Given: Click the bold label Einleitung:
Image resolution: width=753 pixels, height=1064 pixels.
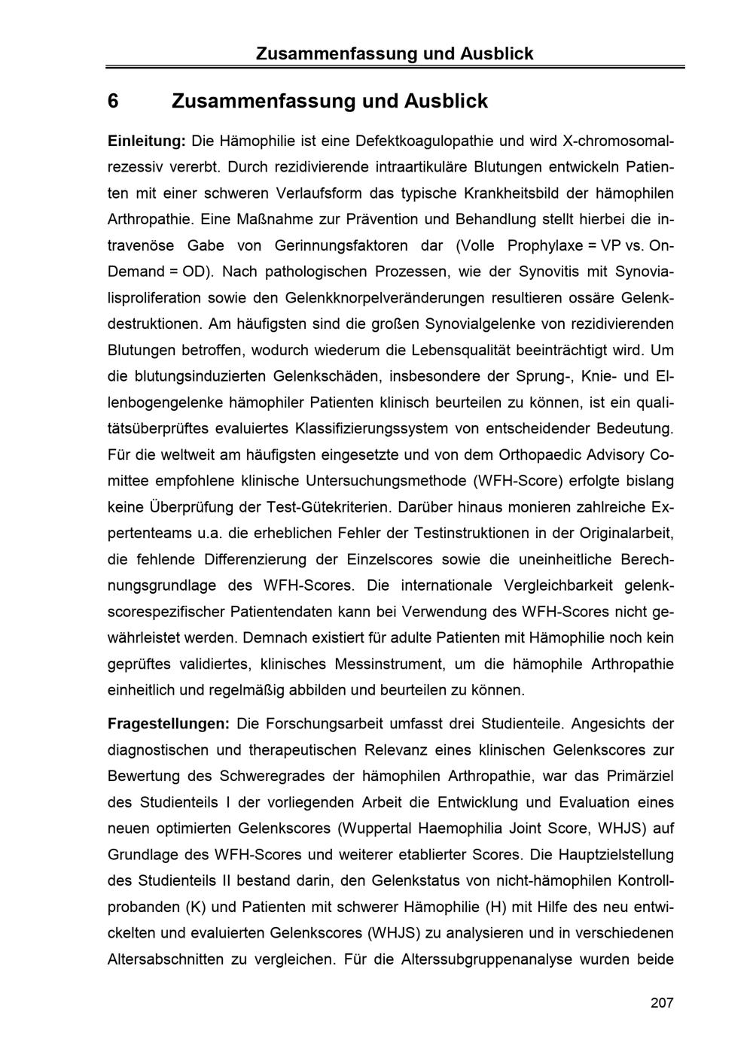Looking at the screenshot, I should [147, 141].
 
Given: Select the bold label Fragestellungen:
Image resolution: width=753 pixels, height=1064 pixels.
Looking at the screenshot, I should [169, 724].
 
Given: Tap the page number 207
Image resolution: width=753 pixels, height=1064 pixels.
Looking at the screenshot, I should [662, 1002].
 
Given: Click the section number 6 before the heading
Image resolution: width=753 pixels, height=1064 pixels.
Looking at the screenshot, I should [113, 101].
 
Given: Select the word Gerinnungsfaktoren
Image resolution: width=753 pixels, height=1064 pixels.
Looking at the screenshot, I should [352, 245].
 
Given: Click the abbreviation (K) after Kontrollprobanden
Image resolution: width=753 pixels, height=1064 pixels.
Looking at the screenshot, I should [195, 907].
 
